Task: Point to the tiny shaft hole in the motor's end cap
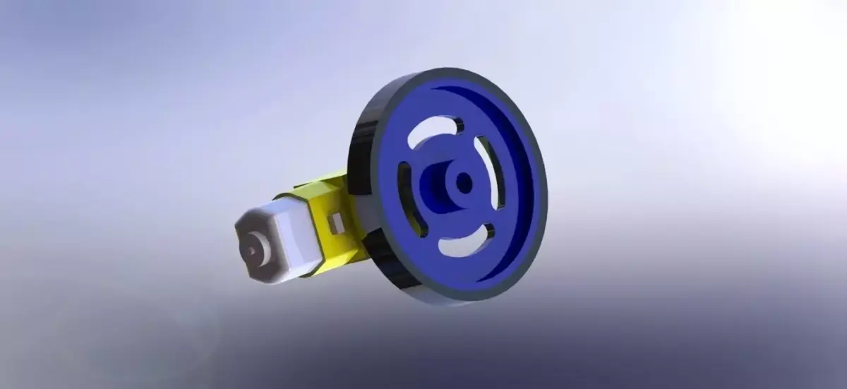(x=251, y=251)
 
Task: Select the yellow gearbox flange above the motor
(x=321, y=182)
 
